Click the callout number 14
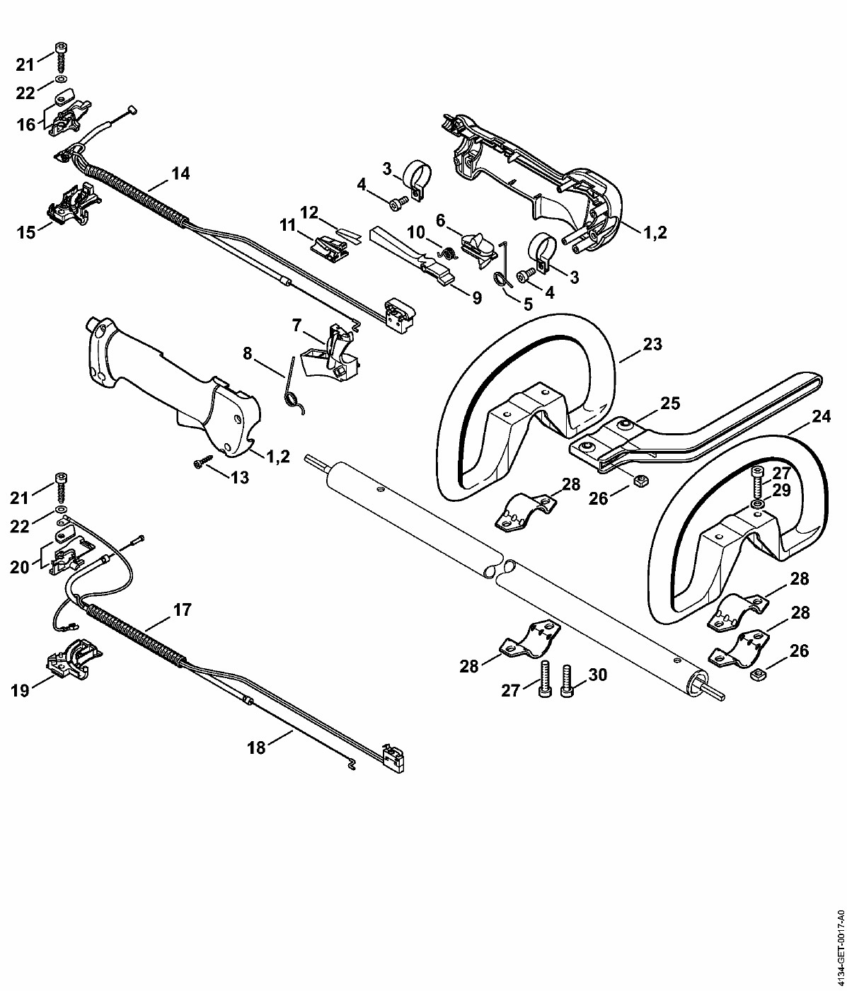(x=180, y=173)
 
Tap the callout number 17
(x=182, y=609)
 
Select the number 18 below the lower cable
(x=256, y=747)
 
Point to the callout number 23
(x=652, y=345)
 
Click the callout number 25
(x=669, y=403)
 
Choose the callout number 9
(x=476, y=298)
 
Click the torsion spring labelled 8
(x=292, y=389)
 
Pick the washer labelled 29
(x=757, y=504)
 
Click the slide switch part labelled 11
(x=328, y=246)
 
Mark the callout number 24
(x=820, y=418)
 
